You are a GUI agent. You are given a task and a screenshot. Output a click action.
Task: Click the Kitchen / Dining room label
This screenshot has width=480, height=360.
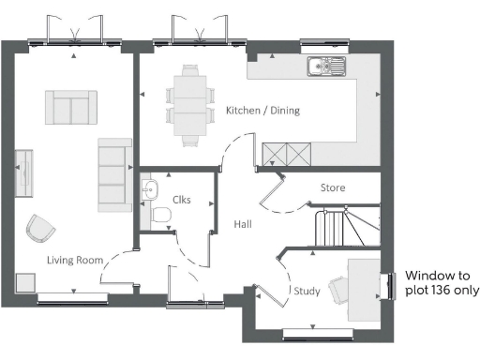click(262, 111)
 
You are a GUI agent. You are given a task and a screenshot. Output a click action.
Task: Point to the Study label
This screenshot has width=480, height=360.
click(307, 292)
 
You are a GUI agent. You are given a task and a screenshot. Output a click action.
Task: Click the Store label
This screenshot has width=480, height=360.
click(333, 188)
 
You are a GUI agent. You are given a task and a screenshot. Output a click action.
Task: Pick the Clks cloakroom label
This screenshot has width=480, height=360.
click(182, 199)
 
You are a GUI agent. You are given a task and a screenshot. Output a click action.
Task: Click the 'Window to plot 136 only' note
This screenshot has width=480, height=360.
click(441, 283)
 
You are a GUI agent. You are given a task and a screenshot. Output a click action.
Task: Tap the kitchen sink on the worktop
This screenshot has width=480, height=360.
click(326, 67)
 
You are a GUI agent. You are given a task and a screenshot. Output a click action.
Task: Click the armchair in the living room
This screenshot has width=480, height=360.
click(41, 228)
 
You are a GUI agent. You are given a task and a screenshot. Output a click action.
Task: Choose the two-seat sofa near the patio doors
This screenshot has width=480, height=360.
click(71, 107)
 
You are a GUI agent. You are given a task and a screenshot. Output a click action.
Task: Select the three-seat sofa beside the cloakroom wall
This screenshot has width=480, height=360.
click(114, 173)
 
